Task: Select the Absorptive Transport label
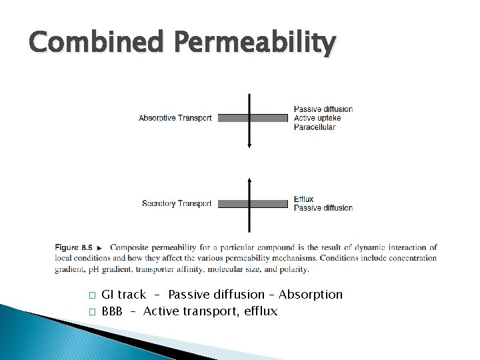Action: pyautogui.click(x=175, y=118)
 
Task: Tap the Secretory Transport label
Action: pyautogui.click(x=177, y=203)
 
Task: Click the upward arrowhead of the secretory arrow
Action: pyautogui.click(x=249, y=180)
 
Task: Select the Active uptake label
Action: pyautogui.click(x=318, y=118)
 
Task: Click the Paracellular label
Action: pyautogui.click(x=314, y=127)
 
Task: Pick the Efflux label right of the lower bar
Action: pyautogui.click(x=303, y=199)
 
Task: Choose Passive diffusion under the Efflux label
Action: pyautogui.click(x=323, y=207)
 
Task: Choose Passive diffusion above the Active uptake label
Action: pyautogui.click(x=323, y=109)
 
